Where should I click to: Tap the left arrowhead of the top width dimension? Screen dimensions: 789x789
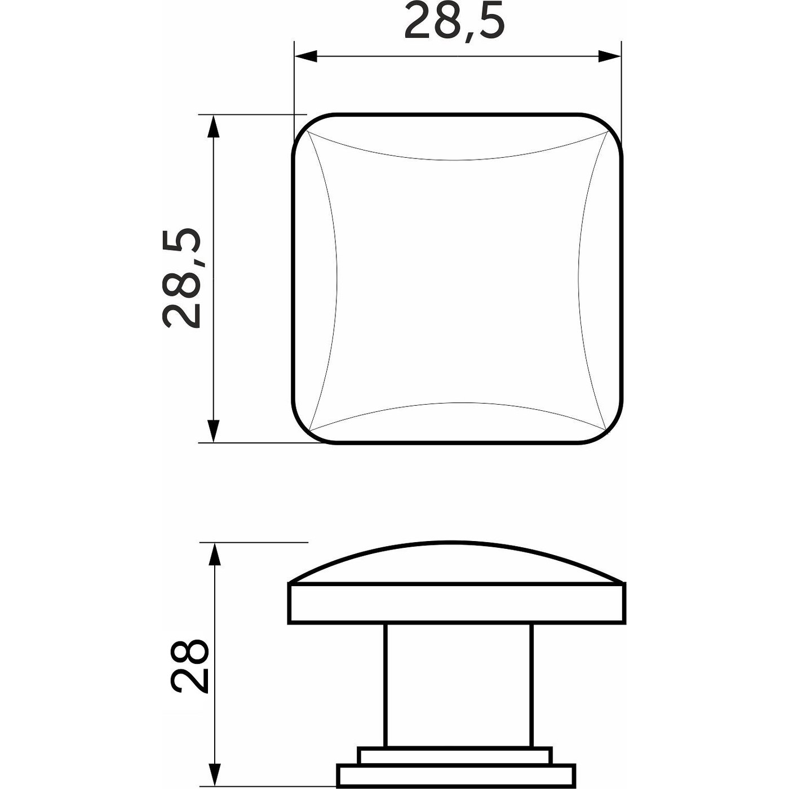click(x=306, y=56)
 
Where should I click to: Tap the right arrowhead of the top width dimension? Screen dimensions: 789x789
click(x=610, y=56)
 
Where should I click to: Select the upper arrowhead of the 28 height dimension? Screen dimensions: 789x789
click(x=215, y=555)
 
